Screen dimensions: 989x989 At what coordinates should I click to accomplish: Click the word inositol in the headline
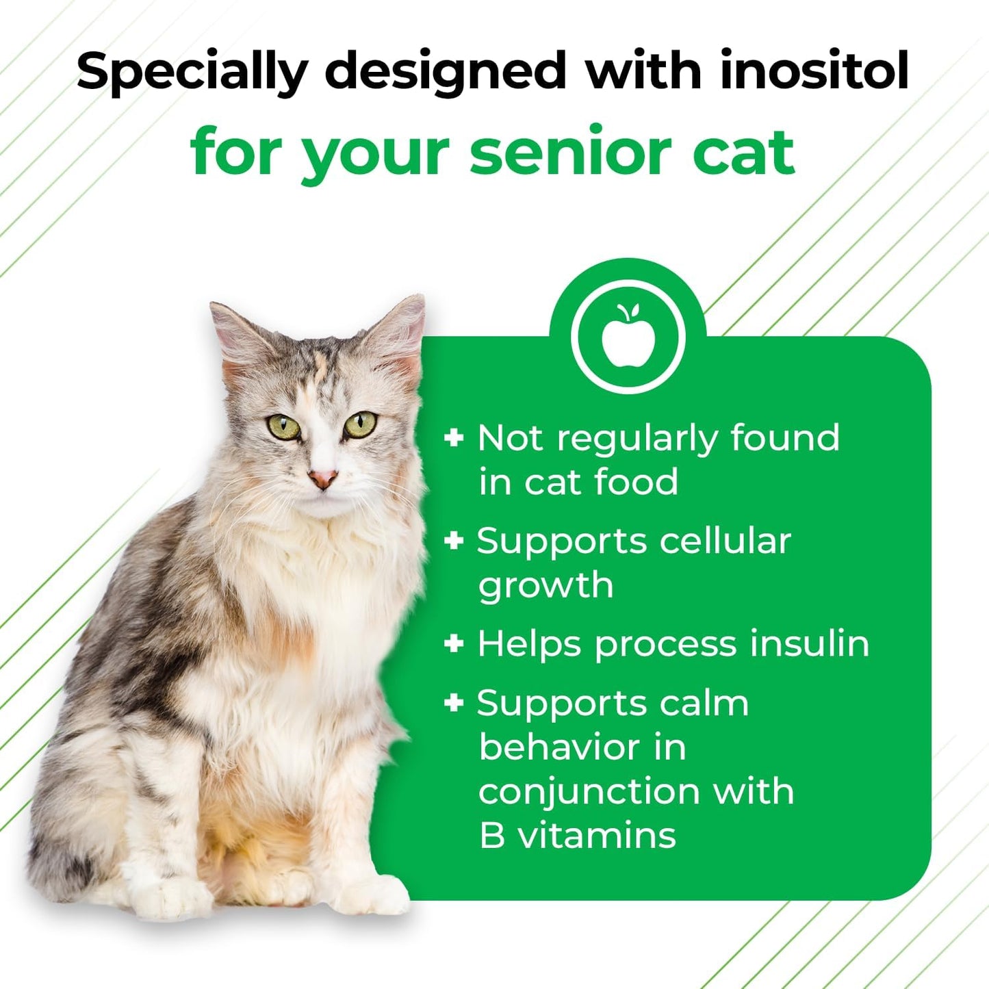pyautogui.click(x=814, y=70)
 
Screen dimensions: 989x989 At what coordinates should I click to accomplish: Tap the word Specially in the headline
pyautogui.click(x=192, y=72)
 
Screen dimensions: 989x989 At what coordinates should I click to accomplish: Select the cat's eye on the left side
pyautogui.click(x=283, y=427)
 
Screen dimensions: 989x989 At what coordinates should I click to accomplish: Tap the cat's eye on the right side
pyautogui.click(x=360, y=424)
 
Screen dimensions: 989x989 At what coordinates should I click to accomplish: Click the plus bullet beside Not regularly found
pyautogui.click(x=454, y=437)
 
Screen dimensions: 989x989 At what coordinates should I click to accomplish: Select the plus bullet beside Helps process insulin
pyautogui.click(x=454, y=643)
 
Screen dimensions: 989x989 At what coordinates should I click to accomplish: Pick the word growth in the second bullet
pyautogui.click(x=545, y=586)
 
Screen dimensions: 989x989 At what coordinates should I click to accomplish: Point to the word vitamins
pyautogui.click(x=597, y=836)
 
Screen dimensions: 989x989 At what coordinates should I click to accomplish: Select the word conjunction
pyautogui.click(x=589, y=792)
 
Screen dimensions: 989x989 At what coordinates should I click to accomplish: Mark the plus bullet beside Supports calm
pyautogui.click(x=454, y=702)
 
